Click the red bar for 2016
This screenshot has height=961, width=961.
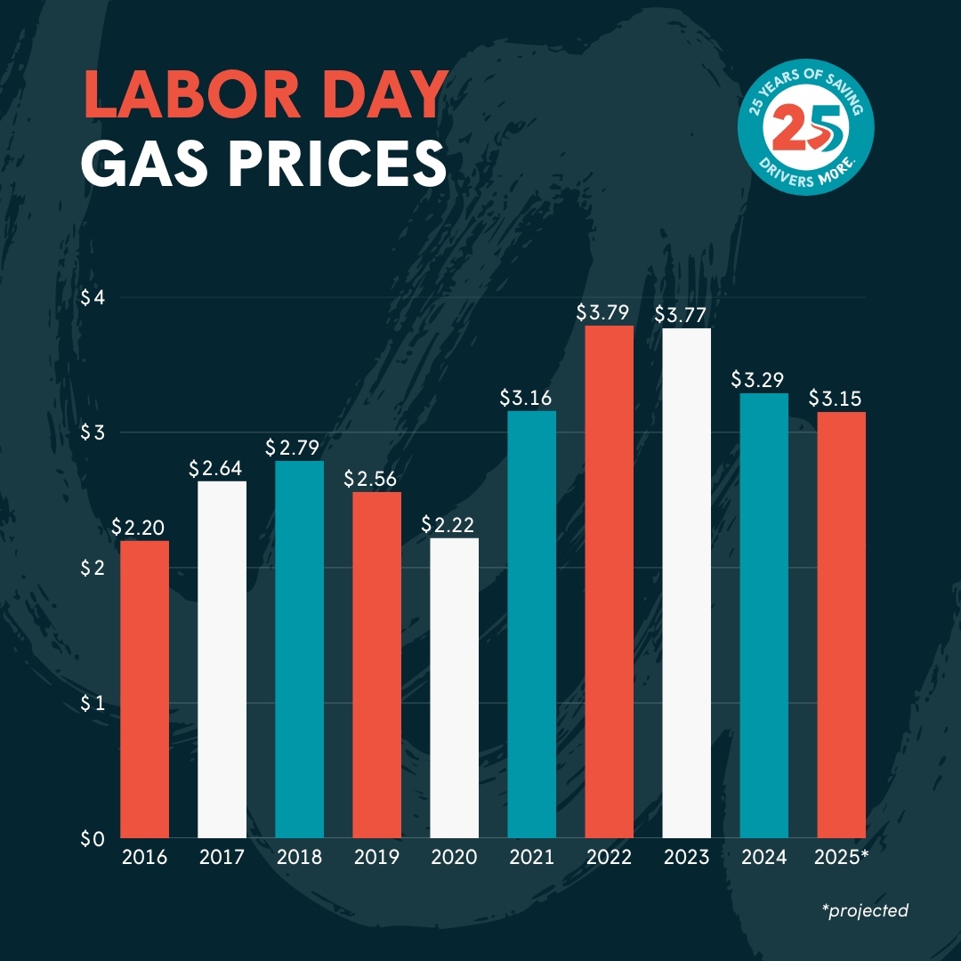(144, 690)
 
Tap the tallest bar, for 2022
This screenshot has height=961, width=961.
(610, 582)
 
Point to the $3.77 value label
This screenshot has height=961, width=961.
(686, 314)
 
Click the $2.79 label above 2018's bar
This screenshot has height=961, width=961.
(298, 447)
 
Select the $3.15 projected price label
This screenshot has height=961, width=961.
(841, 398)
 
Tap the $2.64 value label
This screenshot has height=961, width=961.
(222, 468)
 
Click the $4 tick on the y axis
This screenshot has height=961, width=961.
(93, 297)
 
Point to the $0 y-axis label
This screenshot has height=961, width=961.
(93, 838)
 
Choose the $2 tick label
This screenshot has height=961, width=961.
(93, 568)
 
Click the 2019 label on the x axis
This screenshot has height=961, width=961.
(376, 858)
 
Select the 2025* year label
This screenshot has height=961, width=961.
(842, 858)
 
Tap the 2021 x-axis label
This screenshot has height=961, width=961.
(531, 858)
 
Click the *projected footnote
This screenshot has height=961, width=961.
(866, 910)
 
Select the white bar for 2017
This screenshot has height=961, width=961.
(222, 659)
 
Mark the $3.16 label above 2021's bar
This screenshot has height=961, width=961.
(531, 396)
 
